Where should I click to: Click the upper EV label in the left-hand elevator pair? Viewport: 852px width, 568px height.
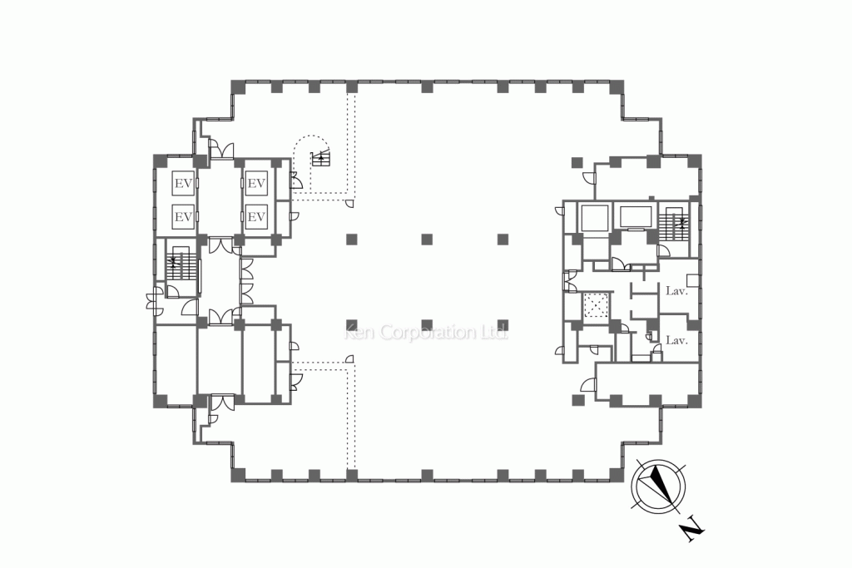[183, 184]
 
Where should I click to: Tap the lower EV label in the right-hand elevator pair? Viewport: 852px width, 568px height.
[256, 217]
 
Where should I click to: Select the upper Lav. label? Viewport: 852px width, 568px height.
[677, 291]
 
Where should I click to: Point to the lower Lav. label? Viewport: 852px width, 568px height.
[677, 340]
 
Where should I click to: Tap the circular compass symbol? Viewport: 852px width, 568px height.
[658, 487]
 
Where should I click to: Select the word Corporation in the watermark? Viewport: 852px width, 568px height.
[428, 333]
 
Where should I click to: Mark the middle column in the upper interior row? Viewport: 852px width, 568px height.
[427, 239]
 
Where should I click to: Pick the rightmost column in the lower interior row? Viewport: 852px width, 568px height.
[503, 324]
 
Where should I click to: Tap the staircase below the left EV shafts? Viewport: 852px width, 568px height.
[180, 265]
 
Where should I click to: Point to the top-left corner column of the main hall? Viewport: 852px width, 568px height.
[238, 86]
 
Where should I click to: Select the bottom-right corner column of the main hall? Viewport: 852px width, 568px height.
[617, 475]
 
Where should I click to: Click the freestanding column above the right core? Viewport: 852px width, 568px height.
[577, 162]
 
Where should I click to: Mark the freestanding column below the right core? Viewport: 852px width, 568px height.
[577, 400]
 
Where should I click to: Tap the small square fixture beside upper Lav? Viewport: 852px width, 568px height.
[692, 280]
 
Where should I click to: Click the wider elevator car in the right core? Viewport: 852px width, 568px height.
[636, 217]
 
